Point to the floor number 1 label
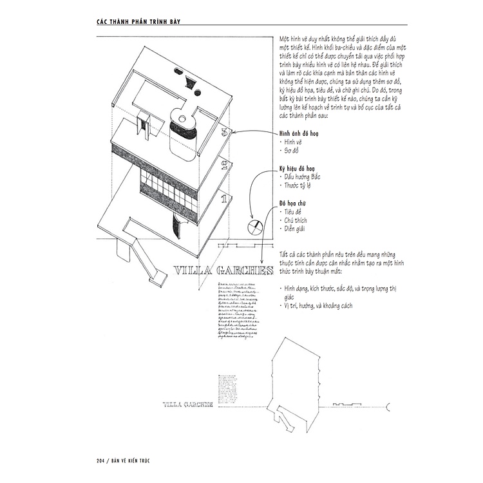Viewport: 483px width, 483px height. point(223,199)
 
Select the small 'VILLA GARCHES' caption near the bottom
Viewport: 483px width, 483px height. point(189,404)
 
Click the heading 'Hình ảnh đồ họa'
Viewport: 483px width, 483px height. point(299,132)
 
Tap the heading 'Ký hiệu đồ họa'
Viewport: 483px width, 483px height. point(298,167)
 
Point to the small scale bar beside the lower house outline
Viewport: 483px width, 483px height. point(348,404)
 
